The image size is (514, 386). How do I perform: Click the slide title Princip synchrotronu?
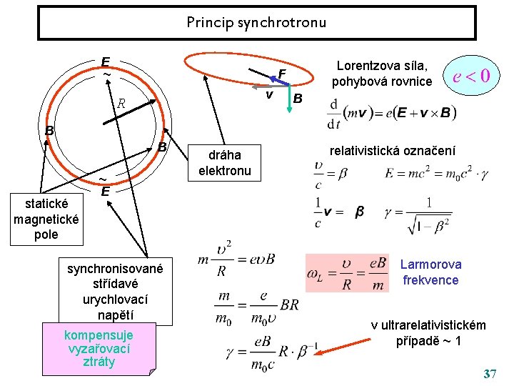pyautogui.click(x=256, y=22)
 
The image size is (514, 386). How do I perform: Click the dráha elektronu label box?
pyautogui.click(x=225, y=163)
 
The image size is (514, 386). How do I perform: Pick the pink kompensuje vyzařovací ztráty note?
pyautogui.click(x=99, y=348)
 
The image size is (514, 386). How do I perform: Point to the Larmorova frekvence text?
pyautogui.click(x=430, y=272)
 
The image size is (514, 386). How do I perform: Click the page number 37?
pyautogui.click(x=490, y=374)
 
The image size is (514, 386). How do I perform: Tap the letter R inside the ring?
pyautogui.click(x=121, y=104)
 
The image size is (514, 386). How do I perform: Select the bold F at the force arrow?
pyautogui.click(x=282, y=74)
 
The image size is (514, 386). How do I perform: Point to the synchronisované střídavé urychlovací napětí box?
pyautogui.click(x=116, y=291)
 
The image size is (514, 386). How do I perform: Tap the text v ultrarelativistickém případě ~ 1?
pyautogui.click(x=428, y=333)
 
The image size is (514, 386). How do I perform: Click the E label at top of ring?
pyautogui.click(x=105, y=63)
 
